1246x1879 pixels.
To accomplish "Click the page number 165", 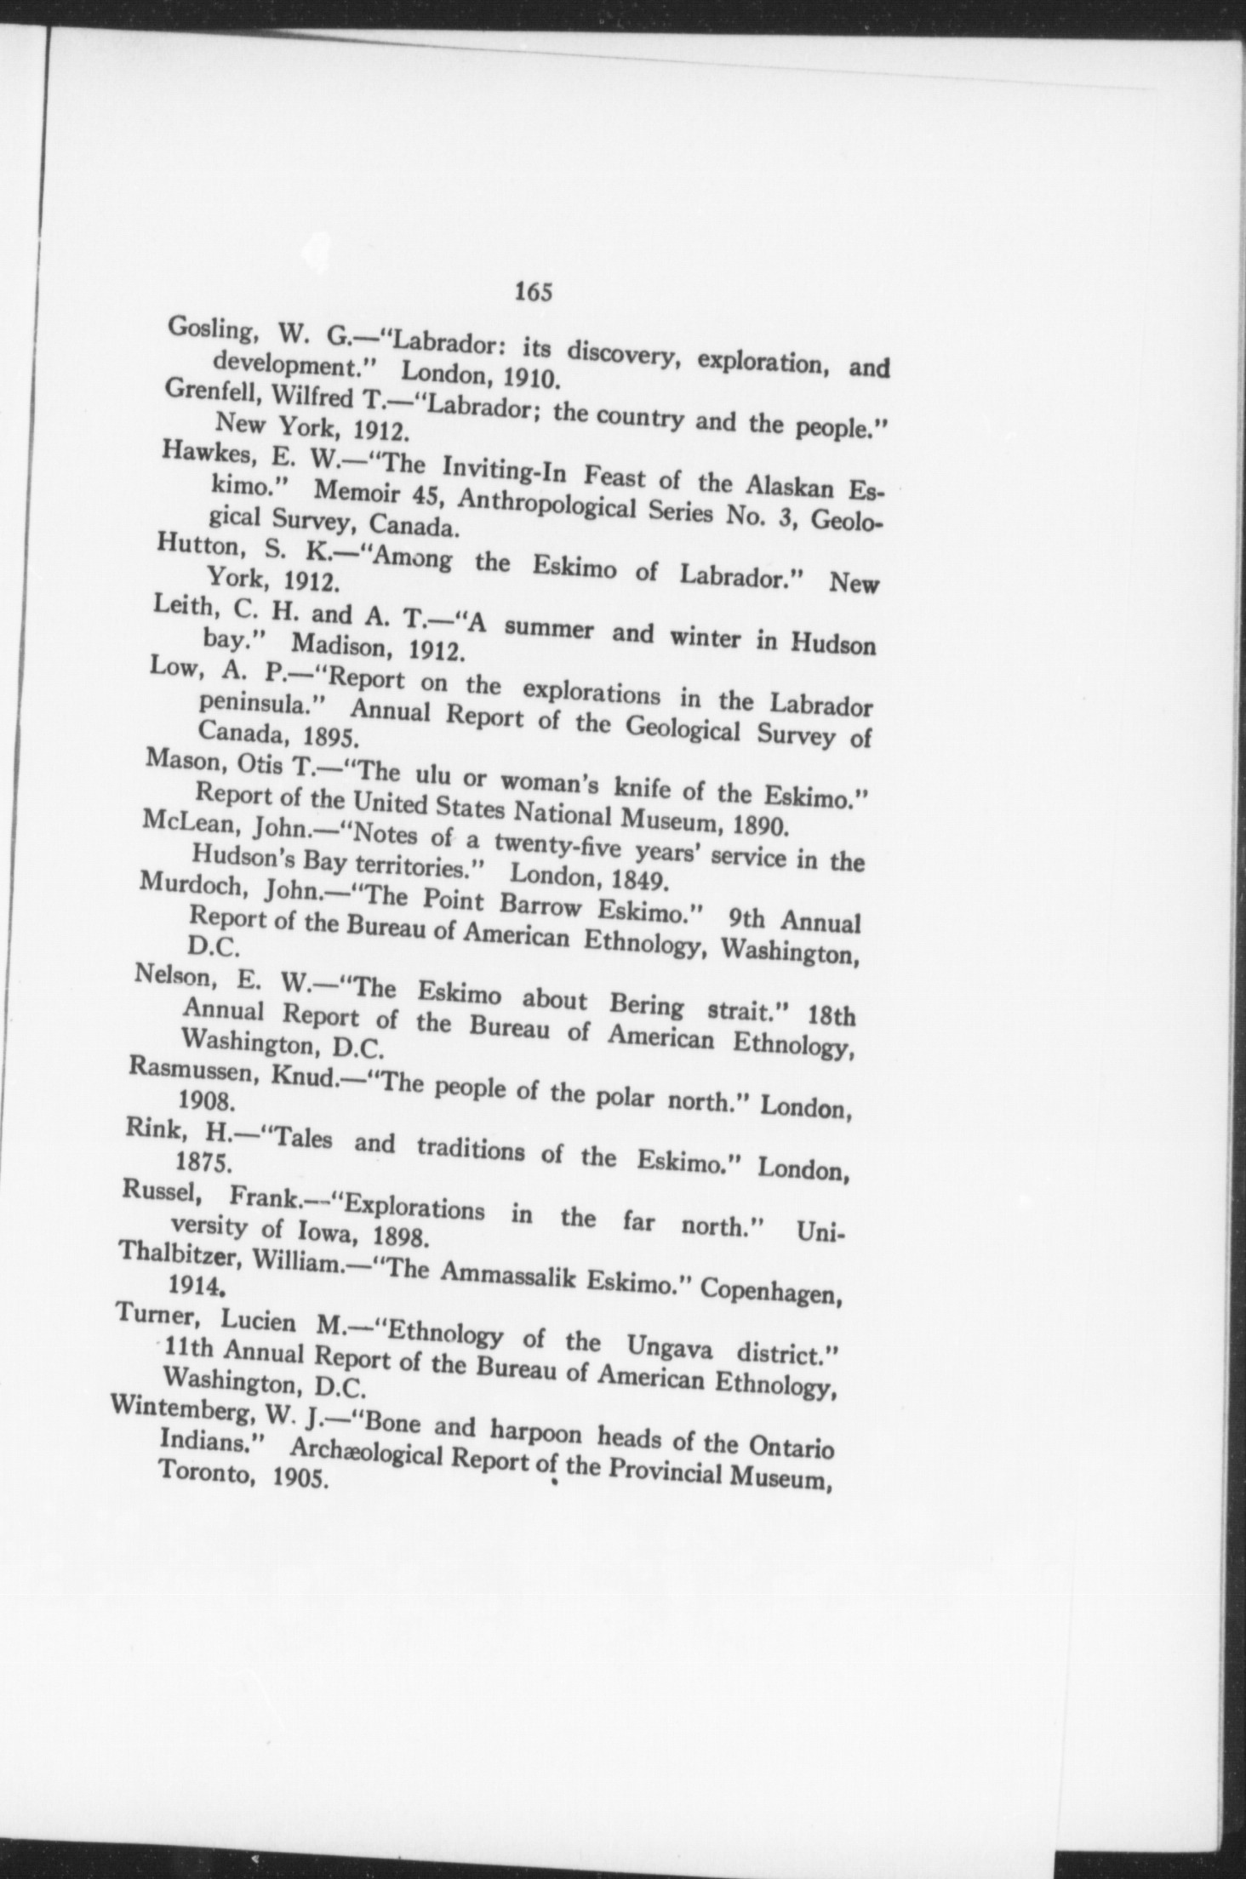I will click(x=534, y=292).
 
